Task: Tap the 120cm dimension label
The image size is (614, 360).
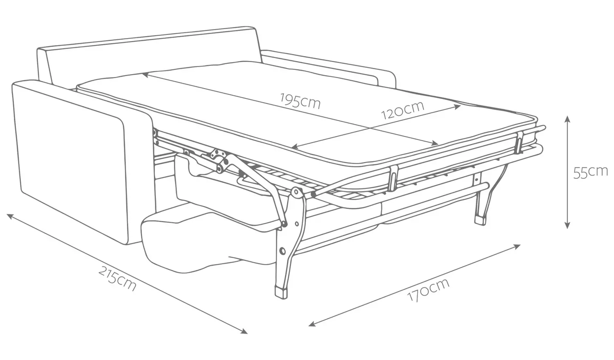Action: pos(403,109)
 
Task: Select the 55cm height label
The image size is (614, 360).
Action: pos(590,172)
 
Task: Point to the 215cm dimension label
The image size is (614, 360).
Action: pos(117,278)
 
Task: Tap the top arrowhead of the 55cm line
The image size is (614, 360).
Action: pos(567,118)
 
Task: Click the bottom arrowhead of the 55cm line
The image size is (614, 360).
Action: pos(567,226)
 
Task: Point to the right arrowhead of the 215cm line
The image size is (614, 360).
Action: pos(245,332)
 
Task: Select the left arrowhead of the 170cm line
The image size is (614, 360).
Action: pos(311,324)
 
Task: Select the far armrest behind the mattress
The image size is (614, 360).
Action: pos(327,65)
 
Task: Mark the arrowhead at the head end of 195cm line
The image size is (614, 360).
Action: pos(144,74)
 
